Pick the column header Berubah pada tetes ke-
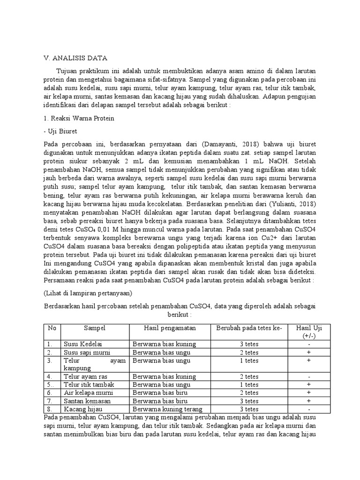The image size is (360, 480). pyautogui.click(x=248, y=328)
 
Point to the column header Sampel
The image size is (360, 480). pyautogui.click(x=95, y=328)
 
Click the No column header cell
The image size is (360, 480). pyautogui.click(x=52, y=328)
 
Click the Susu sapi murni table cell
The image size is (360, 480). pyautogui.click(x=85, y=352)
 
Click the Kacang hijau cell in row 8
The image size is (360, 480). pyautogui.click(x=81, y=409)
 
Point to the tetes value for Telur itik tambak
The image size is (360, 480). pyautogui.click(x=248, y=384)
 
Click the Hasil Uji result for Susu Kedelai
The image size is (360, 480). pyautogui.click(x=309, y=344)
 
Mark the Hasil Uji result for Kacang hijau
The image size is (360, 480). pyautogui.click(x=309, y=409)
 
